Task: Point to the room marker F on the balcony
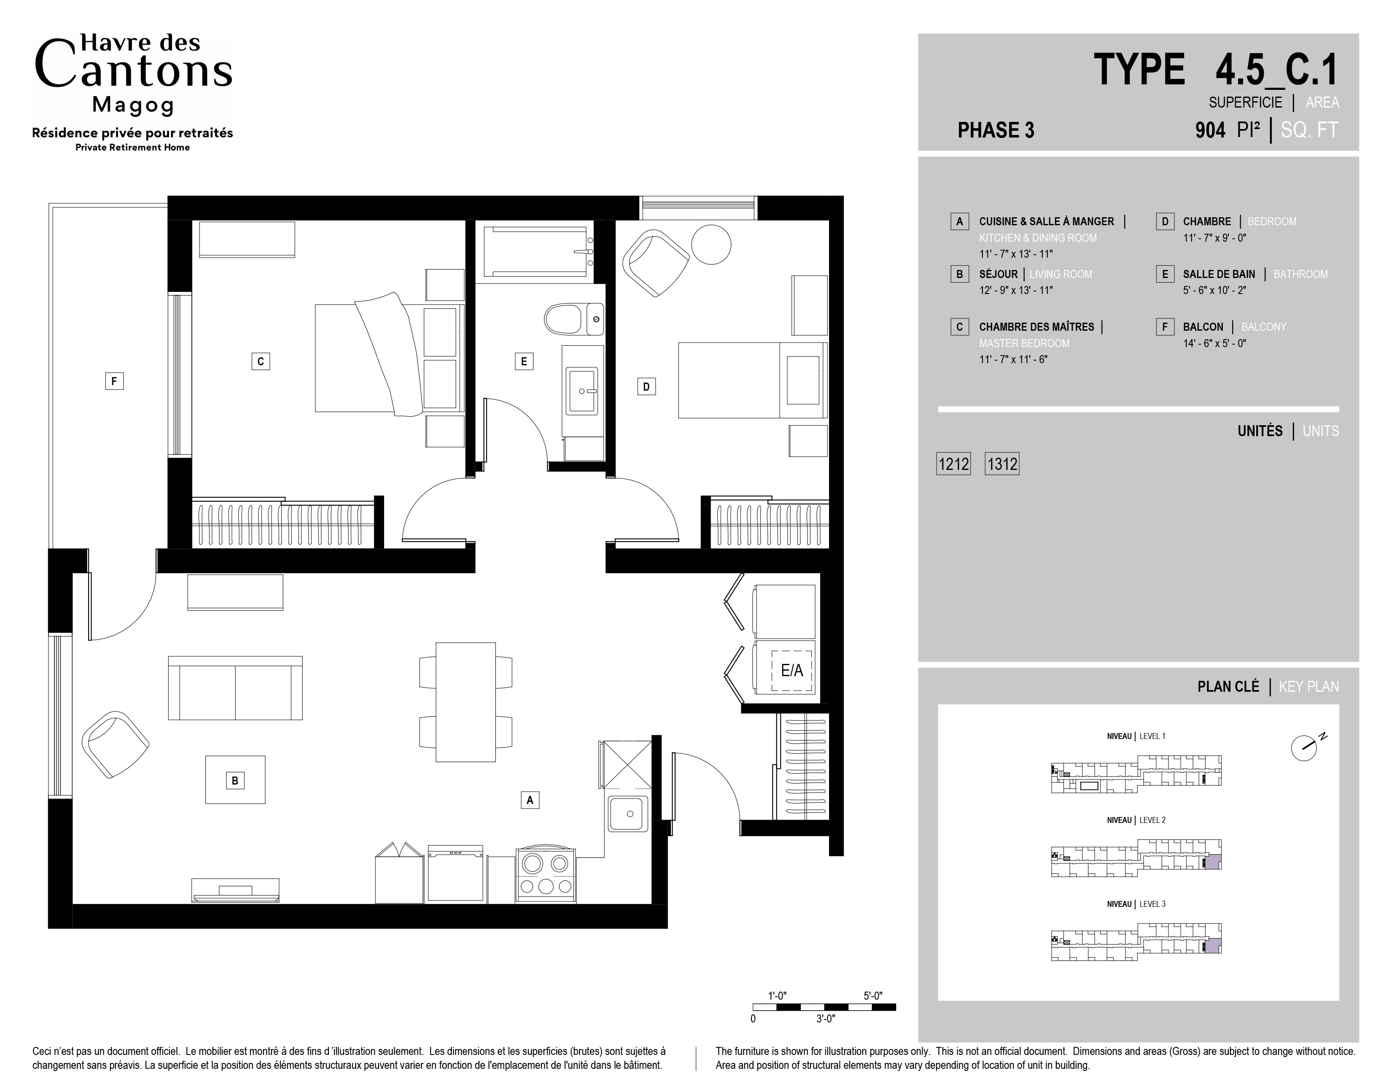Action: (114, 381)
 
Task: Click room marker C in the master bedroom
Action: (261, 361)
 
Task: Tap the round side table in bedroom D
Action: (711, 244)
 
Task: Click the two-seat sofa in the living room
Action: (235, 688)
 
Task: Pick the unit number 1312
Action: (1002, 464)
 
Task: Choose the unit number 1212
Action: (953, 464)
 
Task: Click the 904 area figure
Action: (1210, 130)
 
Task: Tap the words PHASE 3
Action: (996, 130)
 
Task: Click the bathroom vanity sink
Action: (582, 391)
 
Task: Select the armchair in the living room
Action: (116, 744)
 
